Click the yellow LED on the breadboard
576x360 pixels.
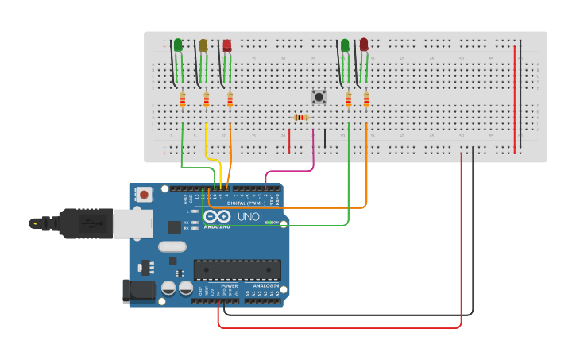(203, 45)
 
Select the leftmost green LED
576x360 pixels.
(178, 45)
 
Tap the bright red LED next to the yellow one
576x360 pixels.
(227, 45)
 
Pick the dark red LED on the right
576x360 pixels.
(364, 45)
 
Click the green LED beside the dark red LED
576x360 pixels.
(345, 45)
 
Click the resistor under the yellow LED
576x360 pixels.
(207, 99)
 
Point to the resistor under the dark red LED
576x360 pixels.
(366, 99)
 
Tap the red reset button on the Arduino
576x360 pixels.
(144, 194)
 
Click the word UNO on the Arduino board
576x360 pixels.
(249, 216)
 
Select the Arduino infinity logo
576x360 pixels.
(217, 216)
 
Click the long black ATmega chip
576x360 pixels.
(237, 270)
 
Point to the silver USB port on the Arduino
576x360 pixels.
(132, 223)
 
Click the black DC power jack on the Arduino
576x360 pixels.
(138, 291)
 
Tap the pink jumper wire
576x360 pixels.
(290, 169)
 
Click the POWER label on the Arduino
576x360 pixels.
(229, 285)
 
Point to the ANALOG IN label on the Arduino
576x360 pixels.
(265, 285)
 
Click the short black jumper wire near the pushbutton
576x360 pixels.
(324, 138)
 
